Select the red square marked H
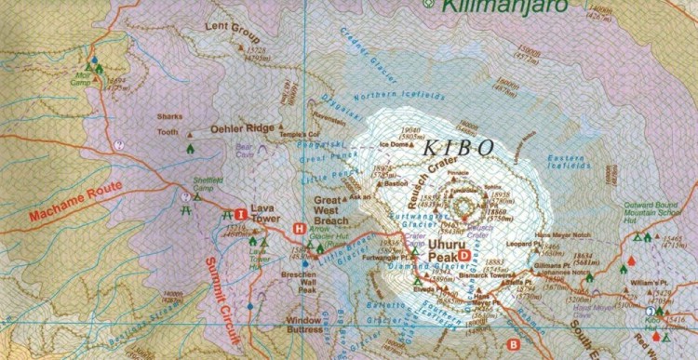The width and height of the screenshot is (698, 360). [299, 228]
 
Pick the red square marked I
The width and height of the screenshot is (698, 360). [240, 211]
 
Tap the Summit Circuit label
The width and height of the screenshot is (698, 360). [222, 299]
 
